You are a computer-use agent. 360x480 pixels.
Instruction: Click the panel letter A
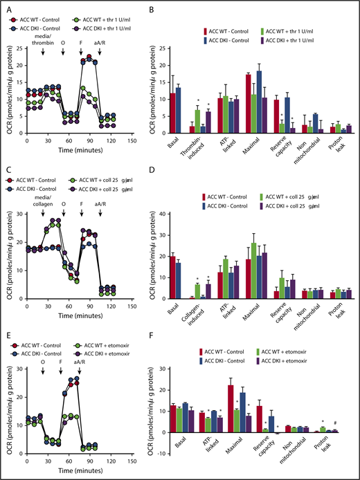(6, 6)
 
